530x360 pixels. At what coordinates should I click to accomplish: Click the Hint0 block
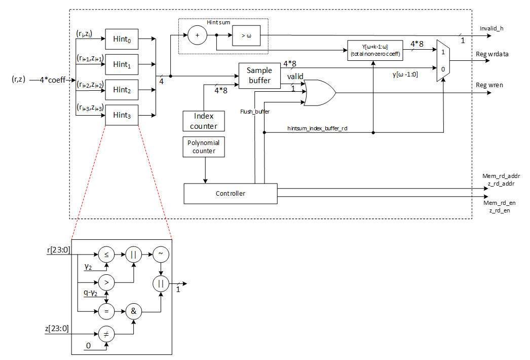coord(122,39)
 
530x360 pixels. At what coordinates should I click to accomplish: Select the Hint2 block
coord(122,90)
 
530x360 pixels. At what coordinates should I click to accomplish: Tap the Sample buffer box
coord(259,76)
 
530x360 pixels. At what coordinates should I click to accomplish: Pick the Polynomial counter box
coord(204,146)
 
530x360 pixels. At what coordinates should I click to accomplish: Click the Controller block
coord(230,193)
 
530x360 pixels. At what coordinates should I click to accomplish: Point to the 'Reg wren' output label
coord(489,86)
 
